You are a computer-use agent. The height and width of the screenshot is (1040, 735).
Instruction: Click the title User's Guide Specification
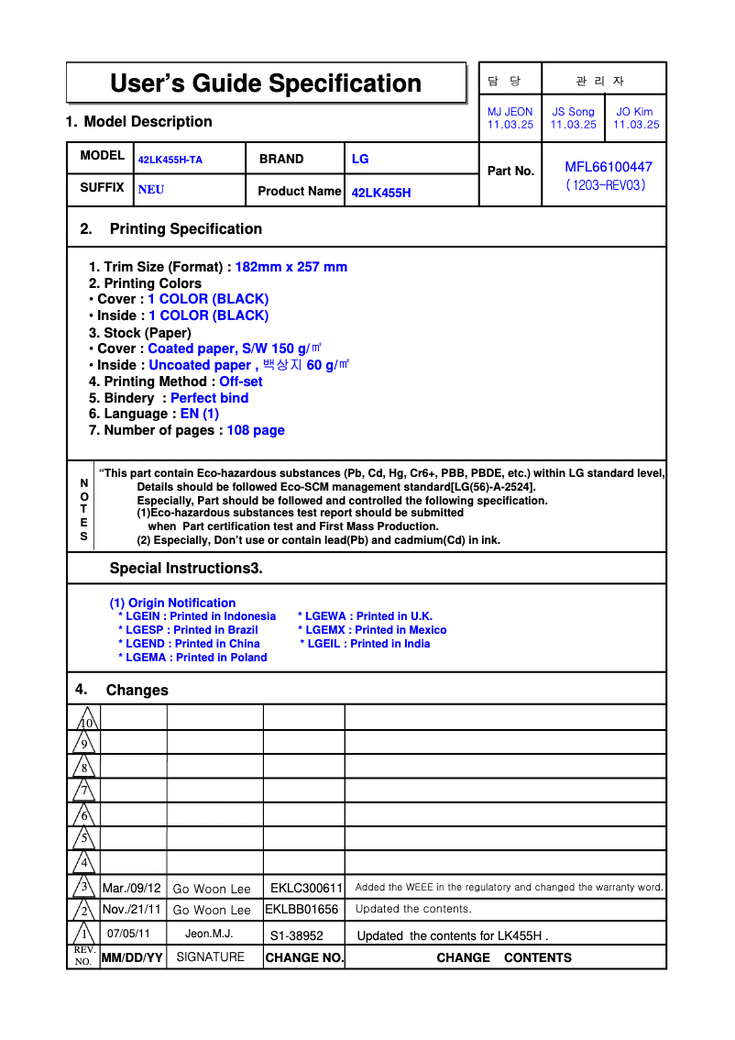pyautogui.click(x=266, y=83)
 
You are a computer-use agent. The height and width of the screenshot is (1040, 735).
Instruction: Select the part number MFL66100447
pyautogui.click(x=609, y=167)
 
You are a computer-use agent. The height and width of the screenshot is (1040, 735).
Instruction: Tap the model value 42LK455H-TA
pyautogui.click(x=170, y=160)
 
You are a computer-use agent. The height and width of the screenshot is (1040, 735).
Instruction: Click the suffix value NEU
pyautogui.click(x=151, y=191)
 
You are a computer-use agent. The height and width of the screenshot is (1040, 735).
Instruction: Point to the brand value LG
pyautogui.click(x=360, y=159)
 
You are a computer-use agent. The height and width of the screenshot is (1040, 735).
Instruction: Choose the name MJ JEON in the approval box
pyautogui.click(x=510, y=112)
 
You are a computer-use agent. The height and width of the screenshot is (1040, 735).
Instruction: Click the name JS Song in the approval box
pyautogui.click(x=573, y=112)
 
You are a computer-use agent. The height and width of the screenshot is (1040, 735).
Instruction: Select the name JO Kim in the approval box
pyautogui.click(x=635, y=112)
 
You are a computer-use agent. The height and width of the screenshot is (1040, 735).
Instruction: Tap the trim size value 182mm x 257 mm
pyautogui.click(x=291, y=267)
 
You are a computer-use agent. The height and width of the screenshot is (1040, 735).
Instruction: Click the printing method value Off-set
pyautogui.click(x=241, y=382)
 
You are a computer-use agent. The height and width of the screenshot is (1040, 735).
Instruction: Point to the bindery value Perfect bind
pyautogui.click(x=210, y=398)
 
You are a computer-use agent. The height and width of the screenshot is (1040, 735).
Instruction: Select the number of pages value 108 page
pyautogui.click(x=256, y=430)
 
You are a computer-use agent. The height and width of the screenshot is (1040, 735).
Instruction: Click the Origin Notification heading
pyautogui.click(x=173, y=603)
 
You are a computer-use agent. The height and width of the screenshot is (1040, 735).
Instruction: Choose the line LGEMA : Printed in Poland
pyautogui.click(x=193, y=658)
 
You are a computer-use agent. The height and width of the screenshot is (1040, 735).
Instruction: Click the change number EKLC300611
pyautogui.click(x=306, y=888)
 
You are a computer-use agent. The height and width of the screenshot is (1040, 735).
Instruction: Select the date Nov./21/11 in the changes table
pyautogui.click(x=132, y=910)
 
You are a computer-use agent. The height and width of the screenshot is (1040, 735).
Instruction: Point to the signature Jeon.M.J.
pyautogui.click(x=209, y=934)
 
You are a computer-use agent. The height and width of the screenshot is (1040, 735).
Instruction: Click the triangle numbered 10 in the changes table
pyautogui.click(x=84, y=720)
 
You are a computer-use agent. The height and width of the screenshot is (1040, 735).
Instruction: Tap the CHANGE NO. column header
pyautogui.click(x=304, y=958)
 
